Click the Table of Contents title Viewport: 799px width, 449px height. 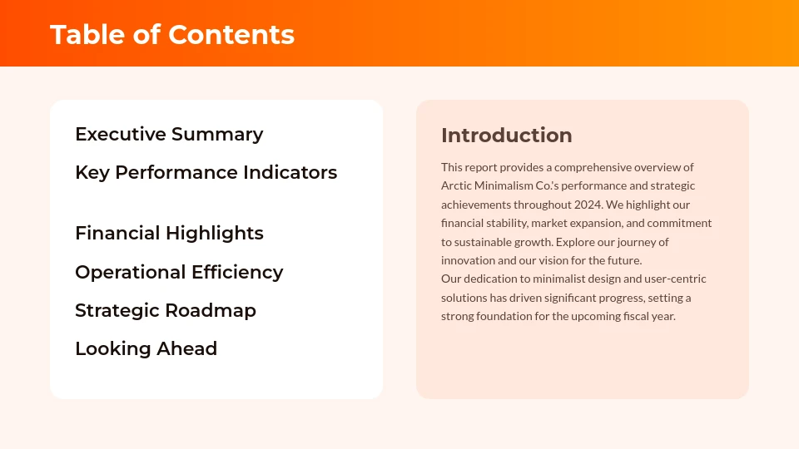[x=172, y=35]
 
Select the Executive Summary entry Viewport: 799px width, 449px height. [x=169, y=134]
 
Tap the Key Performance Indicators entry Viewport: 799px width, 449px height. [x=206, y=172]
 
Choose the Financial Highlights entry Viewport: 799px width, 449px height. [x=169, y=233]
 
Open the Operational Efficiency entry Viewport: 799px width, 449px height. [x=179, y=272]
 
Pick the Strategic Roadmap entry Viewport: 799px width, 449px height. [x=166, y=310]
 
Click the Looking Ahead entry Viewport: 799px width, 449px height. [x=146, y=348]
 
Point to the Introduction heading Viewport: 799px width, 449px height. [x=506, y=136]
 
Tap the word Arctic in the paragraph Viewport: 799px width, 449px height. [x=456, y=185]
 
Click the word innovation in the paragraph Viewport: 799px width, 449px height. [x=468, y=260]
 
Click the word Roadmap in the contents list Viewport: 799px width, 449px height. [x=211, y=310]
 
